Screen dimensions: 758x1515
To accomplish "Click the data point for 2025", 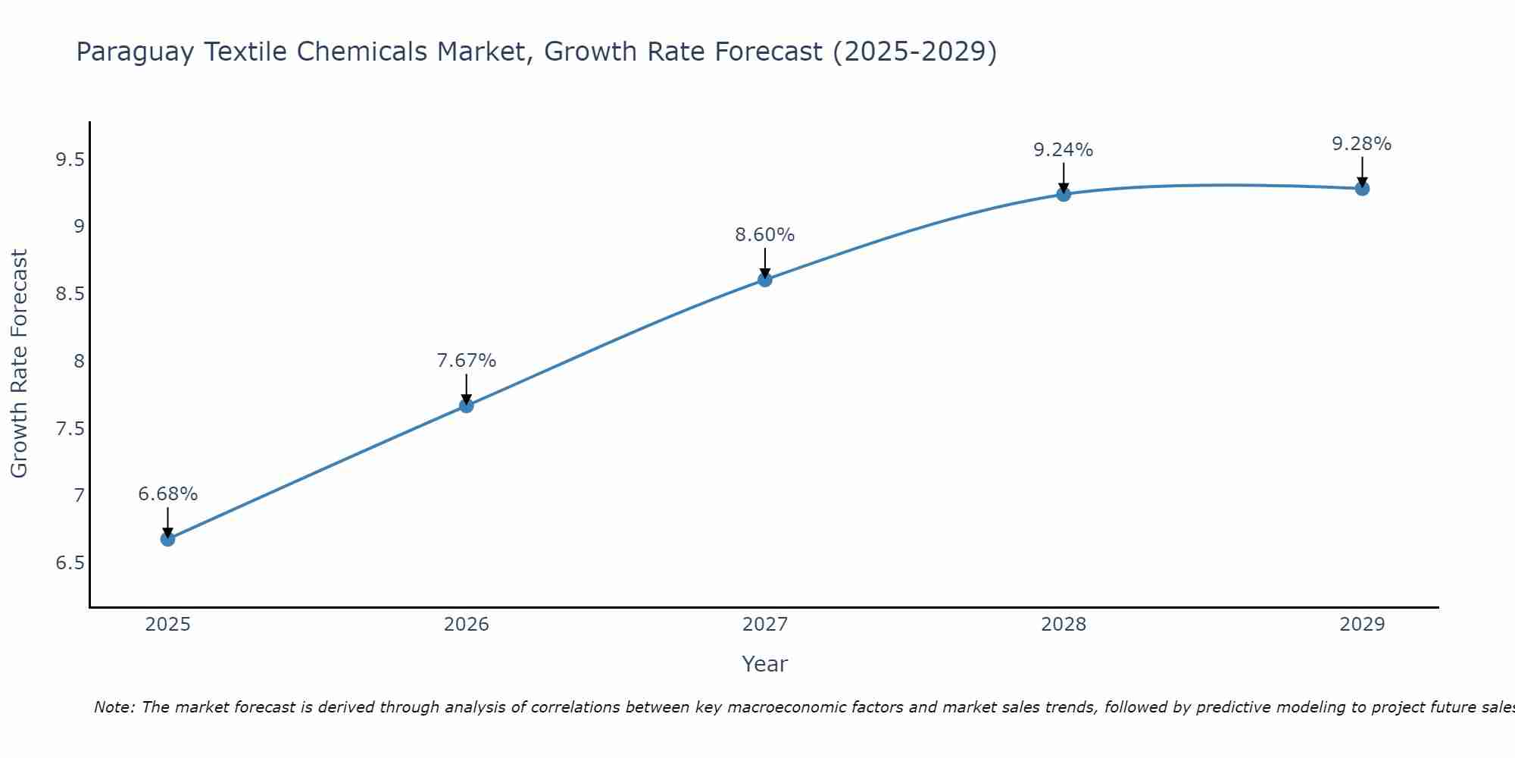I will pos(167,539).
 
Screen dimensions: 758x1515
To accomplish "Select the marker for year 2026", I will pos(466,406).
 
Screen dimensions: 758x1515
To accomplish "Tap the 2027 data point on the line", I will pos(764,280).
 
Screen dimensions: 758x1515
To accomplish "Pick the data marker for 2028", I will pos(1063,194).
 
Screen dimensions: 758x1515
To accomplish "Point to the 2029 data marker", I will pos(1361,189).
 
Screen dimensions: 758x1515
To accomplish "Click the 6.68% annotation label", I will pos(167,494).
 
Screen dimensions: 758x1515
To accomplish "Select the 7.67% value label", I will pos(466,361).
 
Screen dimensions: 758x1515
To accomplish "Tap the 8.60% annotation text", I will pos(764,235).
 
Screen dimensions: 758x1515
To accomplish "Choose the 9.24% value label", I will pos(1063,150).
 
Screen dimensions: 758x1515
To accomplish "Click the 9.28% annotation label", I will pos(1361,144).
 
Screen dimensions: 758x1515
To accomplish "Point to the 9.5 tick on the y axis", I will pos(70,159).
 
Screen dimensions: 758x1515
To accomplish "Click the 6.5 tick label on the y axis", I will pos(70,563).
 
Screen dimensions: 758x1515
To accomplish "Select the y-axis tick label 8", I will pos(79,361).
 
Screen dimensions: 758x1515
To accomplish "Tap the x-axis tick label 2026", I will pos(466,625).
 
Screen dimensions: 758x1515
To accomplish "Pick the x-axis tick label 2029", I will pos(1361,625).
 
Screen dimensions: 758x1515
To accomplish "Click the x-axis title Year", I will pos(764,664).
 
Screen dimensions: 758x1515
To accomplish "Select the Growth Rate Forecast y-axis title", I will pos(19,364).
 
